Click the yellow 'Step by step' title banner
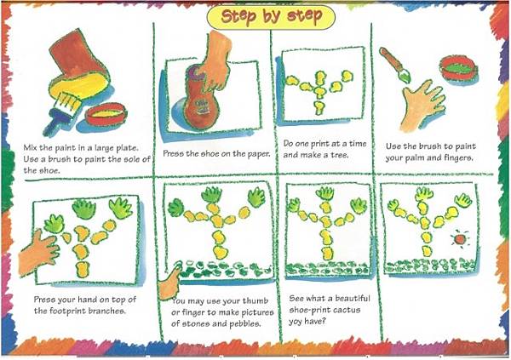[271, 17]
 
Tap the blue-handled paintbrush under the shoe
[61, 113]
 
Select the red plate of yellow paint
[106, 114]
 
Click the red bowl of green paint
[459, 69]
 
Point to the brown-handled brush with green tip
[393, 66]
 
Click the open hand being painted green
[422, 105]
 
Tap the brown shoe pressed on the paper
[199, 99]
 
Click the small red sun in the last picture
[460, 240]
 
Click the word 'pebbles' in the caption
[244, 324]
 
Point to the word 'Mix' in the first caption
[30, 147]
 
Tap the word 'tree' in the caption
[339, 155]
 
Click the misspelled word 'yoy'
[296, 322]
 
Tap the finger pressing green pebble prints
[169, 283]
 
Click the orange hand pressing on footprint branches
[38, 253]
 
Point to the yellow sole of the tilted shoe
[79, 84]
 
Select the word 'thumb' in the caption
[255, 300]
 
